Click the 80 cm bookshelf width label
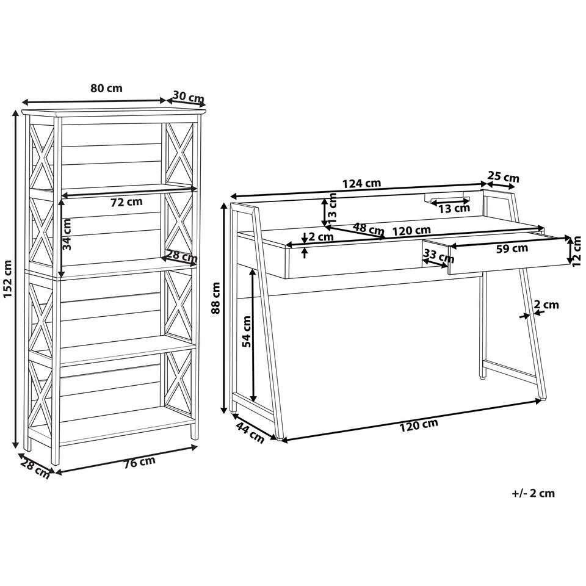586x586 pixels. point(106,89)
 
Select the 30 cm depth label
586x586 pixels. point(189,97)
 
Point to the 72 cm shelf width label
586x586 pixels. point(127,202)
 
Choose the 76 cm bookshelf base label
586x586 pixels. point(139,462)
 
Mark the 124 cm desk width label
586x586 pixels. point(361,183)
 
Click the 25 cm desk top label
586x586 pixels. point(504,176)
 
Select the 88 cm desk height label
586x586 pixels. point(215,298)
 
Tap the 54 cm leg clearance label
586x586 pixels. point(247,331)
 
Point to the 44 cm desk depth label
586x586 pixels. point(250,432)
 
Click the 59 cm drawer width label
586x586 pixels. point(512,248)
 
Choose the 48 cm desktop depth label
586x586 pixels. point(369,228)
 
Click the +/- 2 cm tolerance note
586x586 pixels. point(534,493)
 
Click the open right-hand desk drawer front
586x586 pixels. point(508,255)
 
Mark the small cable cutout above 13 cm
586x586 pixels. point(447,197)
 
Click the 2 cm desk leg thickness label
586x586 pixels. point(546,305)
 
